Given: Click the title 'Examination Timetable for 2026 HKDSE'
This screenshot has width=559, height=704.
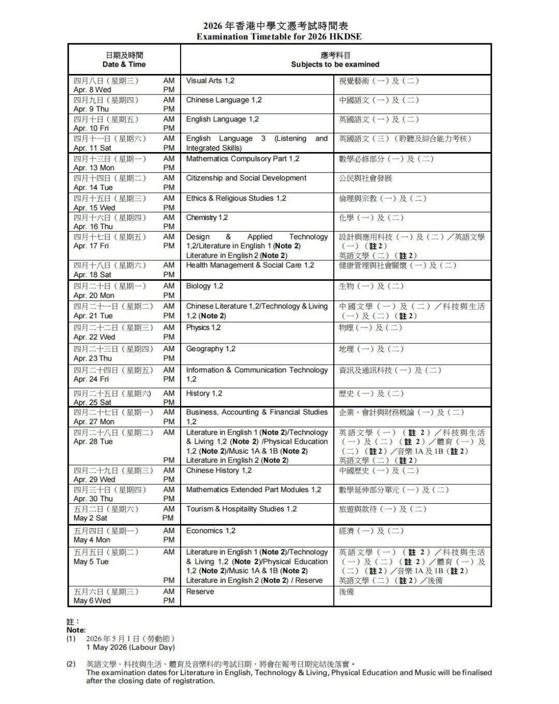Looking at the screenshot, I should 279,37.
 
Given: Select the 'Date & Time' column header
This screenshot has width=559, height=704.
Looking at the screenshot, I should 124,65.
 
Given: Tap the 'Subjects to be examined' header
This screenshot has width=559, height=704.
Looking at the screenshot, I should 335,65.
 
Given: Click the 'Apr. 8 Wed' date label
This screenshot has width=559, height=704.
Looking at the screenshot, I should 92,90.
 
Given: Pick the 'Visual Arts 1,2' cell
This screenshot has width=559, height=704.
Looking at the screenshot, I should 210,81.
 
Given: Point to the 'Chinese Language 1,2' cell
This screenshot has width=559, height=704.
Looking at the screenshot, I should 224,100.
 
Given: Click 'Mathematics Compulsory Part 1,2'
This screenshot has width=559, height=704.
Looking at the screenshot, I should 242,159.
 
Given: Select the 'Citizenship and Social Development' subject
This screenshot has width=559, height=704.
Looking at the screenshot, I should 246,178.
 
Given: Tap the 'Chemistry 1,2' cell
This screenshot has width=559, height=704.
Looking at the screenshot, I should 207,218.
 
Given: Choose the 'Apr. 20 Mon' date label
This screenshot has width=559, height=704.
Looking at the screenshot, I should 94,295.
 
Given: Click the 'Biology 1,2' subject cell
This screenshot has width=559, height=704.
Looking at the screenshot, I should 204,286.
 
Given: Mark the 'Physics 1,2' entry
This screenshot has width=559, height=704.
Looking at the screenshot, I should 203,327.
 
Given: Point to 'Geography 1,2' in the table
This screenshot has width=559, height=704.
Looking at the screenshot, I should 210,349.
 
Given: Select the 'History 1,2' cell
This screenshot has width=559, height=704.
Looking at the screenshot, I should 204,394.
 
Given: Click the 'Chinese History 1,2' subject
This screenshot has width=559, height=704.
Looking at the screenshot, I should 218,471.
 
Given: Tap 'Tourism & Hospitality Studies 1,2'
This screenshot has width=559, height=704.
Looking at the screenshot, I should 241,509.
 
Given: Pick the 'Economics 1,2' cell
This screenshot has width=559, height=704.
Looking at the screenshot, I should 210,531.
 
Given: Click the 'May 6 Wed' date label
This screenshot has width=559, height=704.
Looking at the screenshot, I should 92,601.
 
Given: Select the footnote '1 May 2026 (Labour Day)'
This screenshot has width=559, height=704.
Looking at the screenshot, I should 130,648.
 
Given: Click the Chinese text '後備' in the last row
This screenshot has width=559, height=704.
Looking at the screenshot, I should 346,592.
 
